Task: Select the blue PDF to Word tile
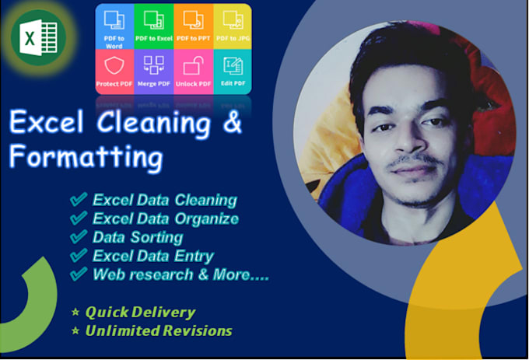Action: [114, 27]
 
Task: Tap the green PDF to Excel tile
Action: [153, 27]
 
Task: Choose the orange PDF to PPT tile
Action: [193, 27]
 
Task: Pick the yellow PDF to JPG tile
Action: [232, 27]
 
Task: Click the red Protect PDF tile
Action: [114, 72]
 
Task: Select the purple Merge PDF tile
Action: [153, 72]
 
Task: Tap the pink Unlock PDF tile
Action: [193, 72]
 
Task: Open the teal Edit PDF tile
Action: [232, 72]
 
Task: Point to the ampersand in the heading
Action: [233, 124]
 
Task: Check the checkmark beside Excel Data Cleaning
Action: [78, 200]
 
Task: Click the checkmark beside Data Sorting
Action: [78, 237]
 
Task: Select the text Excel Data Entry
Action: [152, 256]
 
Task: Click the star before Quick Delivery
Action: [75, 313]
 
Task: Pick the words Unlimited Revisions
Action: [159, 330]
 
